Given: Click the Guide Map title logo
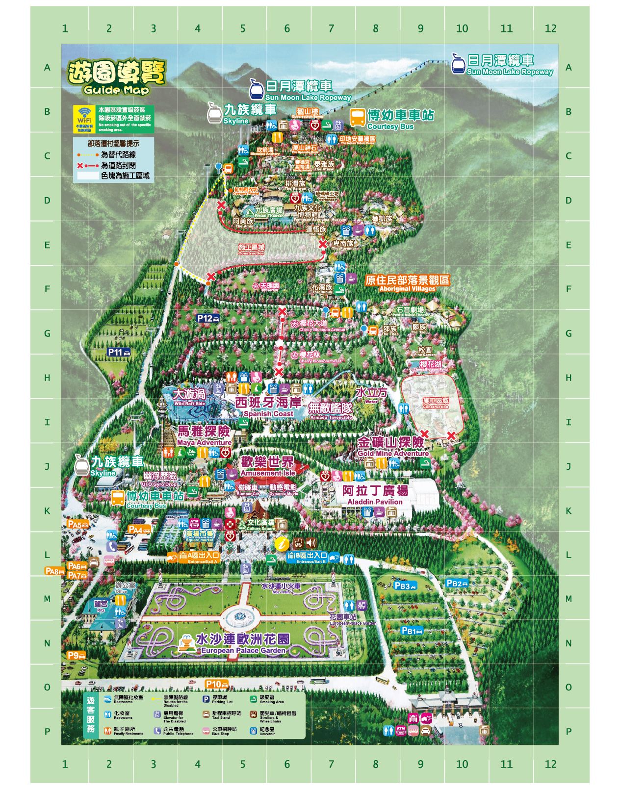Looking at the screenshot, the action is (x=116, y=77).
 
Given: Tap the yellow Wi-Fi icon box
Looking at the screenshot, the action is (x=85, y=118).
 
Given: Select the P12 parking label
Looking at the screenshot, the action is (x=208, y=318).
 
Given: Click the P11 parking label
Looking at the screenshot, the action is (x=119, y=352).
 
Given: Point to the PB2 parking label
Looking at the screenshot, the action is (x=457, y=584).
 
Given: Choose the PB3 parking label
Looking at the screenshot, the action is (x=405, y=585).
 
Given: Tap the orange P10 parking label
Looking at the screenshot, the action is (x=216, y=684).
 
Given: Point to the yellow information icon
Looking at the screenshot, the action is (x=281, y=543).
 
